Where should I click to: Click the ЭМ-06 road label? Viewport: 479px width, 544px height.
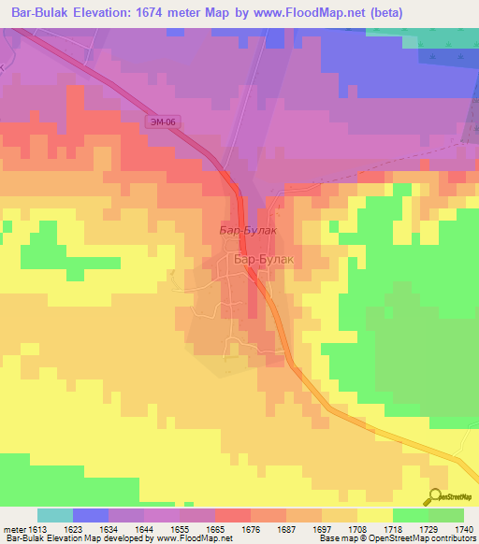[162, 122]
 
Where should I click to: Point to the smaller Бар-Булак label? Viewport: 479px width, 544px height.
[247, 228]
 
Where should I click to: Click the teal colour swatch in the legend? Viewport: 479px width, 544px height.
[54, 516]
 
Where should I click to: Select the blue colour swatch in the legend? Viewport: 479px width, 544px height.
[90, 516]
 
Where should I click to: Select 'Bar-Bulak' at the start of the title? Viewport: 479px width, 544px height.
[36, 13]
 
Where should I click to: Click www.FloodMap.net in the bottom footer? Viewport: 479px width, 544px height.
[193, 537]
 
